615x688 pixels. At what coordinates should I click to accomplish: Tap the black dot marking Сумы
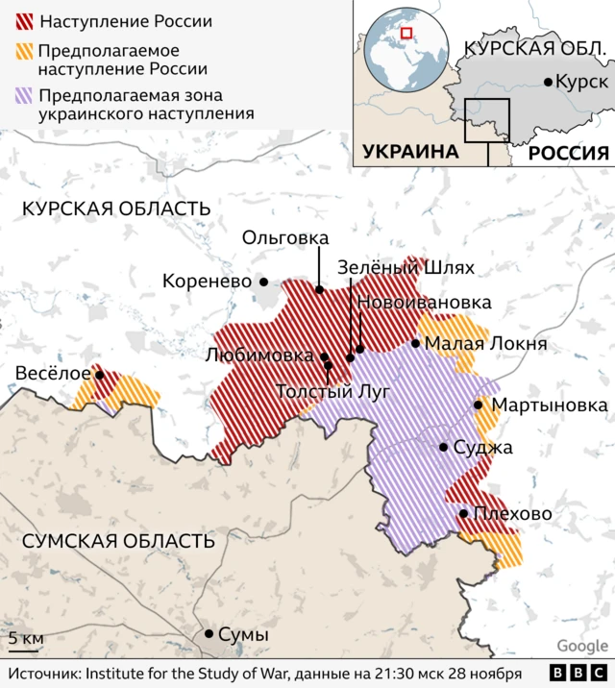click(x=209, y=634)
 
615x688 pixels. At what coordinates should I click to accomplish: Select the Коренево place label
click(x=207, y=282)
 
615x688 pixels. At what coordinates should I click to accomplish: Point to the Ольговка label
click(x=285, y=237)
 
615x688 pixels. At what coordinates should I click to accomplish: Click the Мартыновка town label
click(x=549, y=405)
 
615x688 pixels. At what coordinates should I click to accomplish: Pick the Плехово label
click(x=513, y=514)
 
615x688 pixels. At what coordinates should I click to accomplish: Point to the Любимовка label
click(x=260, y=355)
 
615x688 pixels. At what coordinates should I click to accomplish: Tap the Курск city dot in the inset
click(x=549, y=83)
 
